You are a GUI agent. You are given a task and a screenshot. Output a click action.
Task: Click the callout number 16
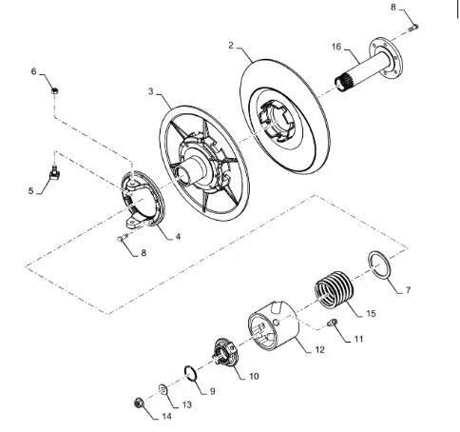(x=336, y=47)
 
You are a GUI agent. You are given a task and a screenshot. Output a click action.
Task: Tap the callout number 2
(x=231, y=46)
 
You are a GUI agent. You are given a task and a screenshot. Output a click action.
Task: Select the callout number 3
(x=151, y=91)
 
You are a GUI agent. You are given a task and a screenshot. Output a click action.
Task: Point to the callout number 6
(x=34, y=71)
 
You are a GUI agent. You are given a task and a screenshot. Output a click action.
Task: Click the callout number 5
(x=30, y=191)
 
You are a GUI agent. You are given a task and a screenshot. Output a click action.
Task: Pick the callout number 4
(x=178, y=237)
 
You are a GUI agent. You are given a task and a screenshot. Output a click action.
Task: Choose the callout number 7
(x=408, y=290)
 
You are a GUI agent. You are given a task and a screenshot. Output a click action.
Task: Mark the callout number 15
(x=371, y=314)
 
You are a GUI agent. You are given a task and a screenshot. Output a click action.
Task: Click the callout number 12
(x=320, y=349)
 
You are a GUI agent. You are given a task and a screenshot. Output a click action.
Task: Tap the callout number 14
(x=166, y=416)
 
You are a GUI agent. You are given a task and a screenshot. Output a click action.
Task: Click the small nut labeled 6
(x=55, y=91)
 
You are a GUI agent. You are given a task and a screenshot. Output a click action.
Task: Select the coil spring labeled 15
(x=334, y=289)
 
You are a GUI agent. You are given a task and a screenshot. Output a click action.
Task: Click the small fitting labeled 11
(x=333, y=323)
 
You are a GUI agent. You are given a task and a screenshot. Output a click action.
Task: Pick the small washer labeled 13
(x=163, y=389)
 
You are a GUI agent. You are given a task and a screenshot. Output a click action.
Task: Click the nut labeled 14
(x=139, y=403)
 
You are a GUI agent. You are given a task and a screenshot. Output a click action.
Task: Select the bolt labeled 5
(x=55, y=171)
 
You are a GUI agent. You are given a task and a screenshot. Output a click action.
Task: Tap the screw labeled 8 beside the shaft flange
(x=413, y=29)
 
